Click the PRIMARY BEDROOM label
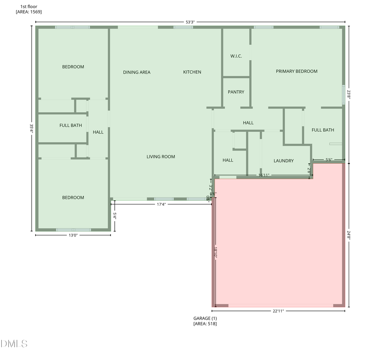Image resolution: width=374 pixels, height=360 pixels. [x=296, y=72]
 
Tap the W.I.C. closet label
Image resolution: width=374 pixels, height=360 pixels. [x=236, y=56]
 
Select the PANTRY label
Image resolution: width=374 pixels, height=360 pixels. [x=236, y=92]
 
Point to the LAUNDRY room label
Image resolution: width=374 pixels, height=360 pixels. [x=283, y=161]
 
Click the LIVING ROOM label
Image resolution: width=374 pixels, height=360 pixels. [x=160, y=157]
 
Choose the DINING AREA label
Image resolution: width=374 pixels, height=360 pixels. [x=137, y=72]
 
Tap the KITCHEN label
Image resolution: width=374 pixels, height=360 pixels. [x=192, y=72]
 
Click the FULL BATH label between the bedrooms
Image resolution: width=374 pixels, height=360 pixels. [x=71, y=125]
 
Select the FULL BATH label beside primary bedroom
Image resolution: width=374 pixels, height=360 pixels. [x=322, y=130]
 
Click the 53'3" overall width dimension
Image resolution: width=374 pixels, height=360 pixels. [x=191, y=22]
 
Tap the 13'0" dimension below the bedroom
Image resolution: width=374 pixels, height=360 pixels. [x=73, y=235]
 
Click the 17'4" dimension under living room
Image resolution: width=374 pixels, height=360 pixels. [x=162, y=204]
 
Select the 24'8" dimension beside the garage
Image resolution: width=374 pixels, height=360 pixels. [x=349, y=235]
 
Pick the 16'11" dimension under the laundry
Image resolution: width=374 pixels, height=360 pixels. [x=264, y=175]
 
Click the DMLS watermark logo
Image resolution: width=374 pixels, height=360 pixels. [x=14, y=344]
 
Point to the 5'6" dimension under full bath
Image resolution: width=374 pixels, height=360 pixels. [x=328, y=159]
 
